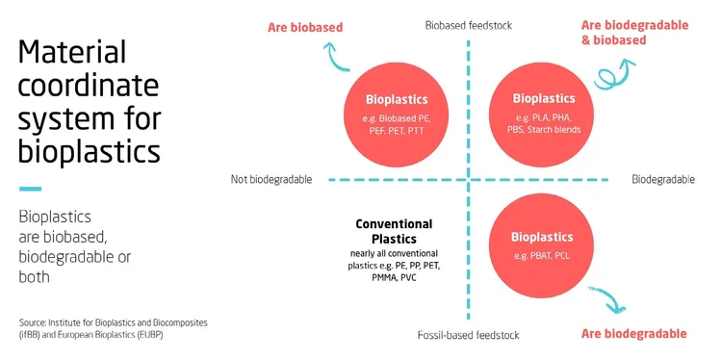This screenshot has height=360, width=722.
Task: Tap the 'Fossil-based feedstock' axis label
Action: (x=469, y=334)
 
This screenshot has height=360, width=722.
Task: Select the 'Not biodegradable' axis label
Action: (x=272, y=179)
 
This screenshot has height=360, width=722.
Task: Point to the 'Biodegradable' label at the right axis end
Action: (x=663, y=179)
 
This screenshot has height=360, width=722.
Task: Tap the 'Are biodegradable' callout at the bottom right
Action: (x=634, y=333)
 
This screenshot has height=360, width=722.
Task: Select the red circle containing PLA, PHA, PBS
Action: (x=543, y=111)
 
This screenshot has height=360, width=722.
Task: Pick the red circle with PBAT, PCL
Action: (x=542, y=246)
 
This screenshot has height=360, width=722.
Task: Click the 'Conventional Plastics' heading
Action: (x=394, y=230)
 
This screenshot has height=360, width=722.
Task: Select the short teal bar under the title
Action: (x=31, y=189)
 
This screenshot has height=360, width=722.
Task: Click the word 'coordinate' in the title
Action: (x=88, y=87)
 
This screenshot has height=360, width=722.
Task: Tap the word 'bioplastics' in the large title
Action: (x=90, y=151)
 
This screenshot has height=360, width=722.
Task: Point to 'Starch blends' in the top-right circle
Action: (x=554, y=130)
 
